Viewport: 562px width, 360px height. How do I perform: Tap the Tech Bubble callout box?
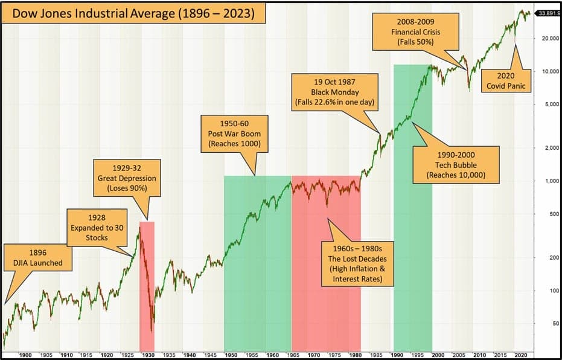[456, 164]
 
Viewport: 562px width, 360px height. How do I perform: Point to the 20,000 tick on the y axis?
[546, 38]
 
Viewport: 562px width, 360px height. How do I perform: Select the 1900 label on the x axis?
[25, 354]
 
